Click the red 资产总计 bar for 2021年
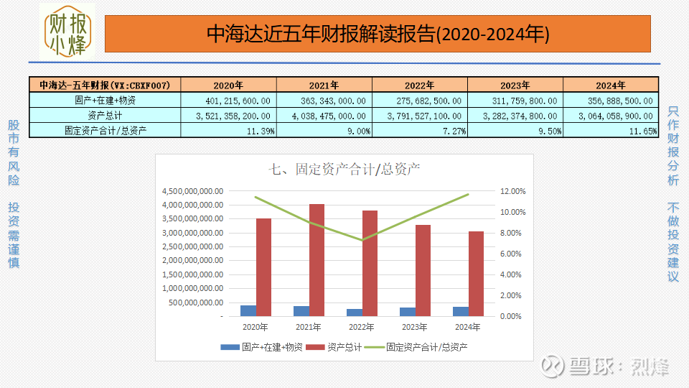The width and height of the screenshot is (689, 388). [x=317, y=260]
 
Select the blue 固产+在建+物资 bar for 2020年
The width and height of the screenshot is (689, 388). [x=248, y=310]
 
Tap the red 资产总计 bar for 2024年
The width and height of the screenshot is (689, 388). [x=476, y=274]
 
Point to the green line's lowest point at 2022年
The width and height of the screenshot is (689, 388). [x=362, y=240]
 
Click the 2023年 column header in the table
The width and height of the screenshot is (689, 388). [x=515, y=85]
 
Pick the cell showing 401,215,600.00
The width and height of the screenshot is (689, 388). [x=228, y=101]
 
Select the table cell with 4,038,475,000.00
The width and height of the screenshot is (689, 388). [x=324, y=115]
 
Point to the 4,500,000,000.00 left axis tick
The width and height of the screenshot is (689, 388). [x=192, y=191]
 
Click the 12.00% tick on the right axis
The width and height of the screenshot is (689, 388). [x=512, y=191]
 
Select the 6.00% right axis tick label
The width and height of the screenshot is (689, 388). [x=512, y=254]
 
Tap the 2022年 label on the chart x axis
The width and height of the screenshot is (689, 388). [x=362, y=328]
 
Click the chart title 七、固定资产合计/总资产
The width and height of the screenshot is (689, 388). [x=344, y=170]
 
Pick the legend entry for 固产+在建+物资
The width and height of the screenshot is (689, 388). [x=263, y=347]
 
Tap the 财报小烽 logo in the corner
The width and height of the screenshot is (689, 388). [x=67, y=33]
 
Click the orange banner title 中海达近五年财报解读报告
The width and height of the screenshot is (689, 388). [x=378, y=34]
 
